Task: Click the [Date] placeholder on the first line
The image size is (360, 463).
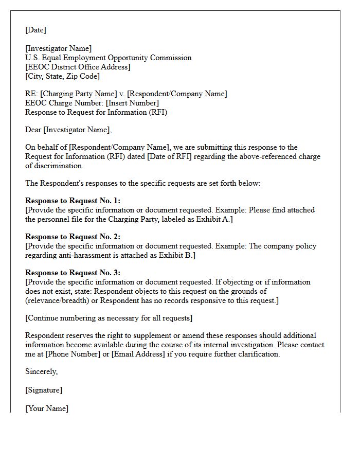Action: point(35,30)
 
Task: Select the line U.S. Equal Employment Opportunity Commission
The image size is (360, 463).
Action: point(109,58)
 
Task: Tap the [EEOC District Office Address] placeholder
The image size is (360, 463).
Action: point(78,67)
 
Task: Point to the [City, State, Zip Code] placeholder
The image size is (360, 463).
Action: point(63,77)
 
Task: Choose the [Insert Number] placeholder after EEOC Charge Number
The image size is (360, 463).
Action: point(132,103)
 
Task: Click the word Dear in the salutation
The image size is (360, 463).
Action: point(33,130)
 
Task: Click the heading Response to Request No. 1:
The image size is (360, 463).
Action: point(73,201)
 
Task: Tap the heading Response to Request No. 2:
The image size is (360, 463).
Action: point(73,237)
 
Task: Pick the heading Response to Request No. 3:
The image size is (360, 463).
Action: point(73,273)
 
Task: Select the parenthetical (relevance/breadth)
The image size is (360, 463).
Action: point(62,301)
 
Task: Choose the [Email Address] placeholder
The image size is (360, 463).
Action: point(142,354)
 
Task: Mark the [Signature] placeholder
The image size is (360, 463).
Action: point(44,390)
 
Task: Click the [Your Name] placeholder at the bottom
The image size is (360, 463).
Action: point(47,409)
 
